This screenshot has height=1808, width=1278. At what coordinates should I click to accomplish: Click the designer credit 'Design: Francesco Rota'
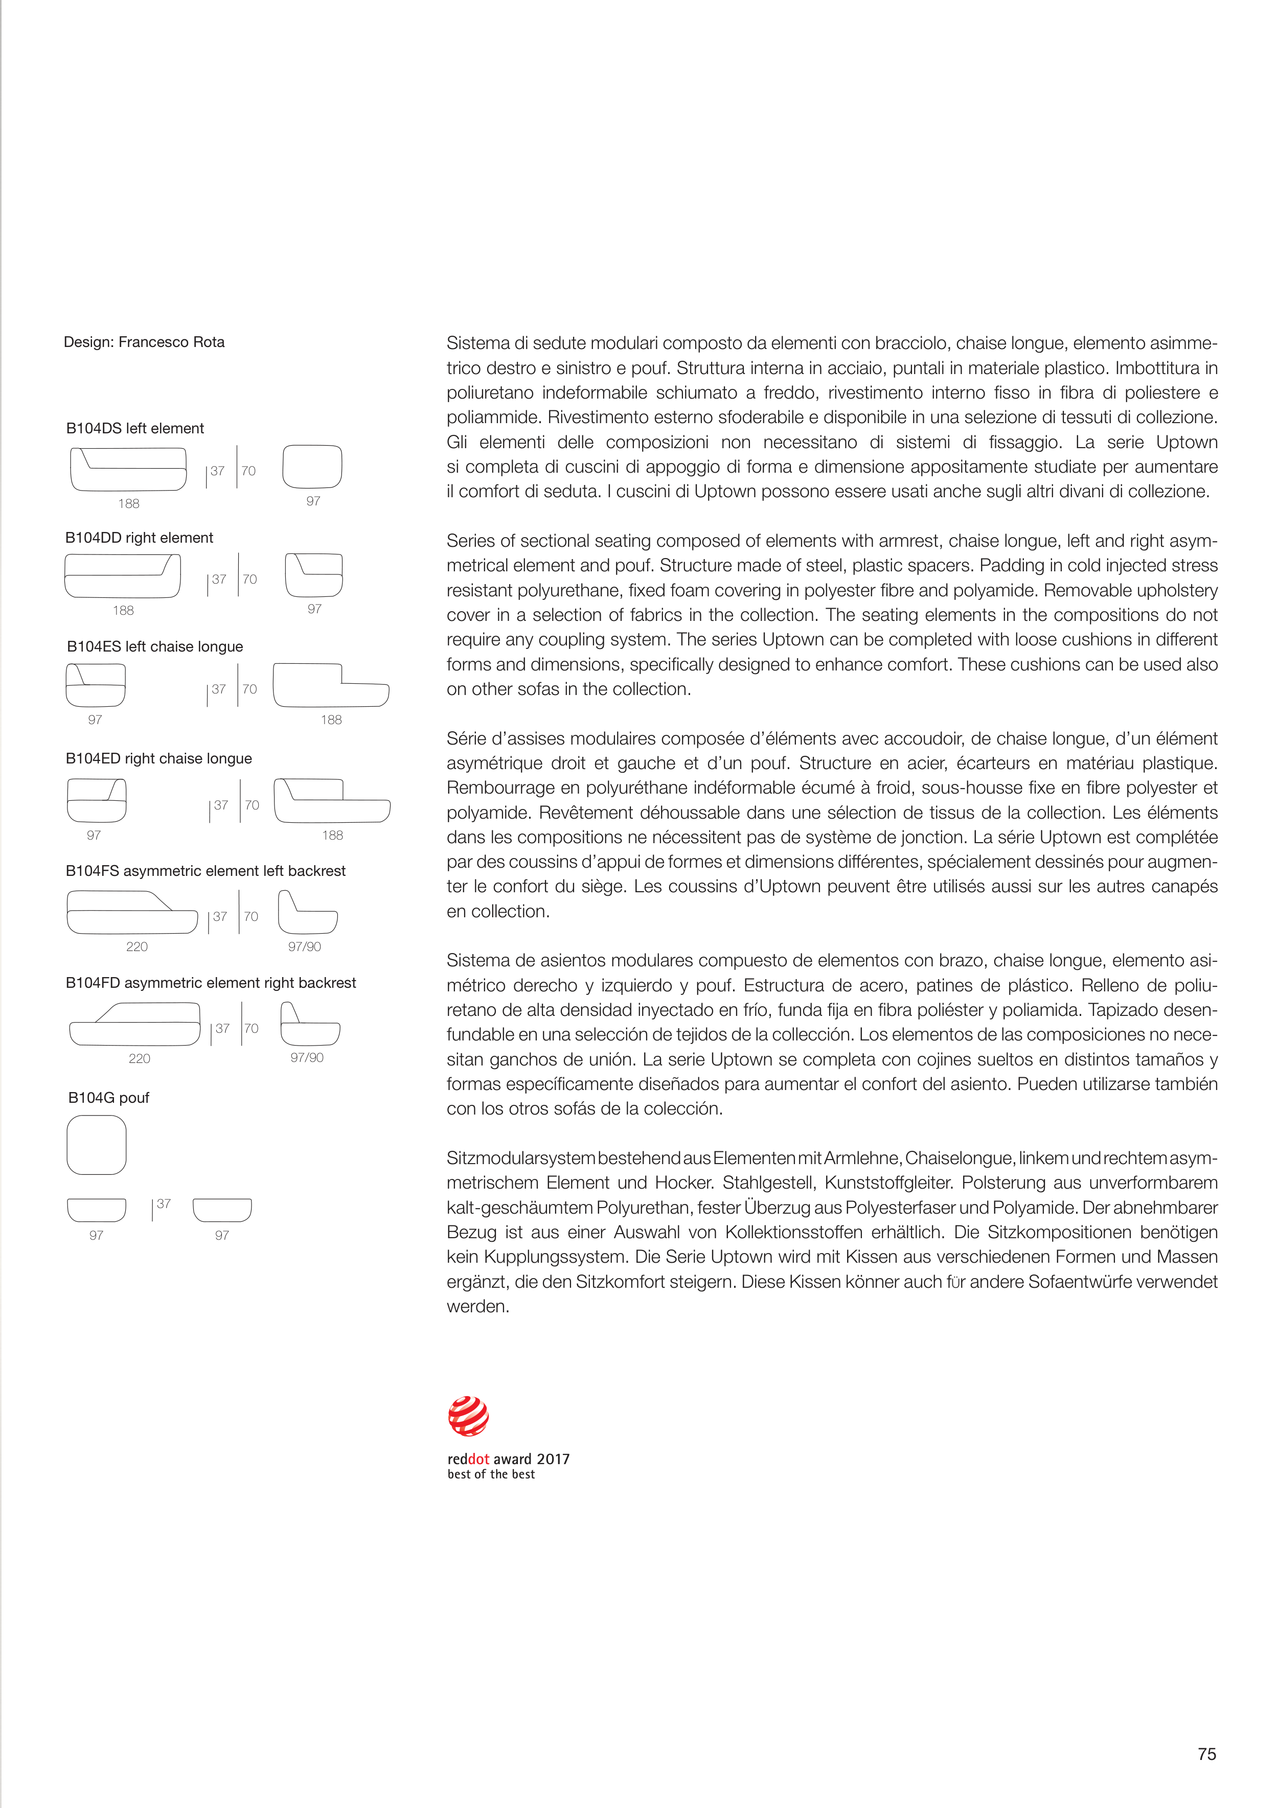tap(144, 342)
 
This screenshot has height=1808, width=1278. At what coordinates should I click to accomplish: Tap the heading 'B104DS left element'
tap(135, 428)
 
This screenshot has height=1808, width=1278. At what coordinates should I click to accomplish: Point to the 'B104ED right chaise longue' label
tap(158, 758)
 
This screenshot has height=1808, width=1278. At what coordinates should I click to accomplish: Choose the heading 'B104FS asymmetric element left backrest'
tap(206, 871)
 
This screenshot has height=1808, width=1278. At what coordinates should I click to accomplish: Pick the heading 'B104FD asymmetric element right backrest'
tap(211, 983)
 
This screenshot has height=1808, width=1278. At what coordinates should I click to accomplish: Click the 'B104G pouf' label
tap(109, 1098)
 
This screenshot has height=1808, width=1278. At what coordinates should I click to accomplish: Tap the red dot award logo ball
tap(468, 1416)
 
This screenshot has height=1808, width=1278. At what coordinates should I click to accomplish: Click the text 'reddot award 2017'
tap(508, 1459)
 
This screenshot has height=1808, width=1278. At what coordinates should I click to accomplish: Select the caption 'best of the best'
tap(491, 1474)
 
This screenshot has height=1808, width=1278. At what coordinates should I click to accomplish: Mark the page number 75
tap(1206, 1754)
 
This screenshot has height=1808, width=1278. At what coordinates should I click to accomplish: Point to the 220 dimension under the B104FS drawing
tap(137, 946)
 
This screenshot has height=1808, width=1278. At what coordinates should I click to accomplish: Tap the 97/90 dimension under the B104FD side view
tap(307, 1057)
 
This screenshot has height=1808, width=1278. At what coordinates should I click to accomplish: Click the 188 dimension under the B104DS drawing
tap(128, 503)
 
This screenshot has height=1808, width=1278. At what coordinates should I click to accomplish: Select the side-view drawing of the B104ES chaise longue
tap(331, 685)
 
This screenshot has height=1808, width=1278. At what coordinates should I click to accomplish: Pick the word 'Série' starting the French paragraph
tap(466, 738)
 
